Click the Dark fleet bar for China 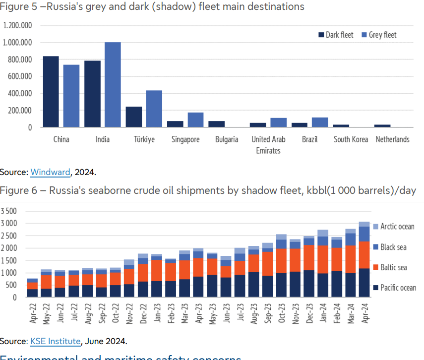tap(51, 92)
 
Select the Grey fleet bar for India tap(113, 84)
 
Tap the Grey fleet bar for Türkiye tap(154, 109)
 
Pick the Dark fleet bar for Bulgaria tap(216, 124)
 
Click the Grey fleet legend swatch tap(364, 35)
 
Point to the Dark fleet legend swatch tap(321, 35)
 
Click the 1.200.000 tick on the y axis tap(17, 26)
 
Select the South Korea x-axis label tap(351, 139)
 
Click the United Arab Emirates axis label tap(268, 145)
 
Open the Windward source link tap(50, 172)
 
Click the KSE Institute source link tap(56, 341)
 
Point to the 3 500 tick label tap(9, 211)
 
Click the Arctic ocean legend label tap(397, 227)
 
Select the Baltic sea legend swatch tap(375, 268)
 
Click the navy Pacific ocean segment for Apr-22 tap(32, 293)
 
